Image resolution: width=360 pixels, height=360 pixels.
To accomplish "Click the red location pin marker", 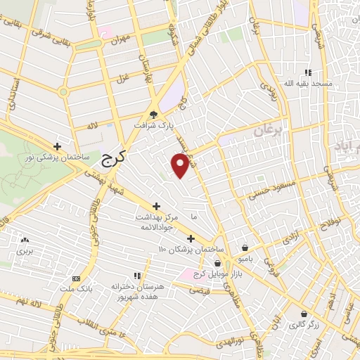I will coord(181,165).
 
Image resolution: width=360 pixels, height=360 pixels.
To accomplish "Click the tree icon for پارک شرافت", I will coord(153,115).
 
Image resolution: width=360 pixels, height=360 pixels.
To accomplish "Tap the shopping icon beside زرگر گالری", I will coord(303,314).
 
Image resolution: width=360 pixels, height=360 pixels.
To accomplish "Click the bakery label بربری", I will coord(25,250).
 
